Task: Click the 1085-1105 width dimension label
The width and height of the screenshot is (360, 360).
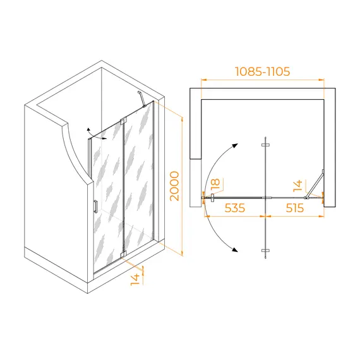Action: point(263,71)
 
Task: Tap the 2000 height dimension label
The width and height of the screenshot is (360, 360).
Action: point(174,186)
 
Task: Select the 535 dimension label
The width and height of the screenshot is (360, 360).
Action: point(235,208)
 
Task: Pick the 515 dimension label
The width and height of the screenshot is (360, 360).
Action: point(295,208)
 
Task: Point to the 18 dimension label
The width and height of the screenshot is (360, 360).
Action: point(215,184)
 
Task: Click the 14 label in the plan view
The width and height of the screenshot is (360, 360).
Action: point(297,186)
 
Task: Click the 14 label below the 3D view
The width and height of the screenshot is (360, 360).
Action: point(135,279)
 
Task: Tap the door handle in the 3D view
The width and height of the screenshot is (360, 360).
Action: point(95,207)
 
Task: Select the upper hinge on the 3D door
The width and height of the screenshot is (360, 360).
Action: point(123,121)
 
